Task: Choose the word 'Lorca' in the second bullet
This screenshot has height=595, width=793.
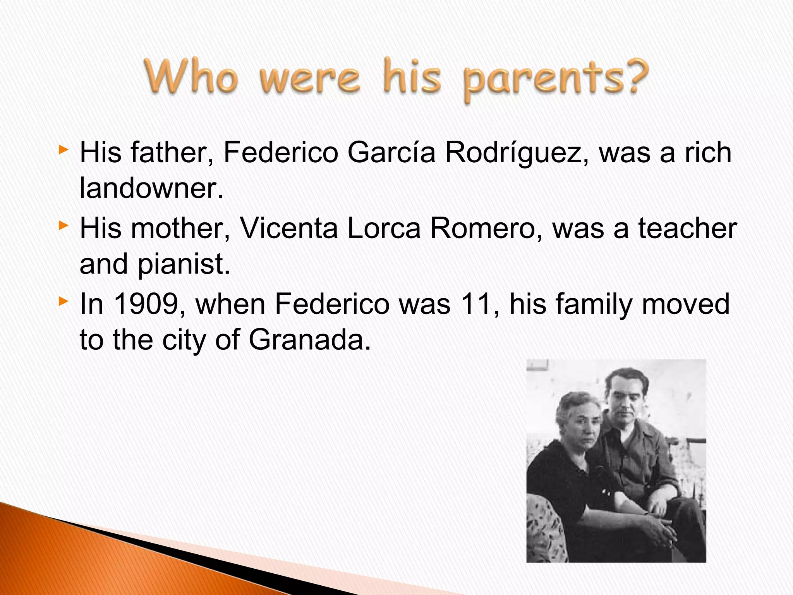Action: click(x=384, y=228)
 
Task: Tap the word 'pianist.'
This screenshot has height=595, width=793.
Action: click(x=184, y=264)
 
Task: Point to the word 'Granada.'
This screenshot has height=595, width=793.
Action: click(x=309, y=340)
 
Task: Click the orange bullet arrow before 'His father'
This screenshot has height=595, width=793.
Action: click(x=64, y=150)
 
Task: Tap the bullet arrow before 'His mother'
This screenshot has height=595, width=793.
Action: click(x=64, y=225)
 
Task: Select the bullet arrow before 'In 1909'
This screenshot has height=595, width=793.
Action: click(x=64, y=301)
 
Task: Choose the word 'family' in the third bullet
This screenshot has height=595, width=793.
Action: click(x=594, y=304)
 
